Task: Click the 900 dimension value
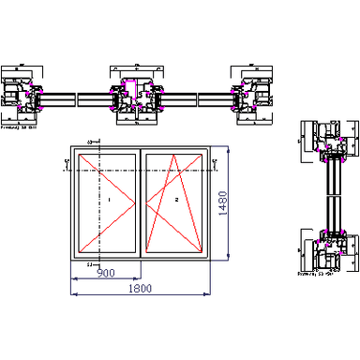coord(106,273)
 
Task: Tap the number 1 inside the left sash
coord(109,201)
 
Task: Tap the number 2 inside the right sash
coord(175,201)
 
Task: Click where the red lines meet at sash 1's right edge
coord(138,201)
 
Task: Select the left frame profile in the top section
coord(22,96)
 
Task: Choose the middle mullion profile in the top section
coord(136,97)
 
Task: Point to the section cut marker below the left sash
coord(89,265)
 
